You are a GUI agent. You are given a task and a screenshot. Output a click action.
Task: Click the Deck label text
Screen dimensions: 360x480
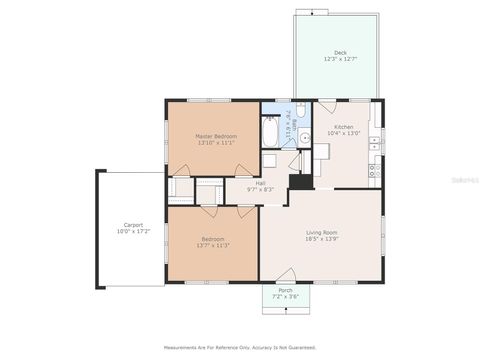click(340, 52)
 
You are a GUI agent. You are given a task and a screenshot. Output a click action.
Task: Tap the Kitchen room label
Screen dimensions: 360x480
click(344, 127)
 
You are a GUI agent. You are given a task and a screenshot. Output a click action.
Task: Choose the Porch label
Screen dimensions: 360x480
click(285, 290)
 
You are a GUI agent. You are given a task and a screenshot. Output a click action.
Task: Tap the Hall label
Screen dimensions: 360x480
click(260, 183)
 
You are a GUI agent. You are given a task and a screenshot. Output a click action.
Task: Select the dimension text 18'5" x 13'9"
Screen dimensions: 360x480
click(320, 241)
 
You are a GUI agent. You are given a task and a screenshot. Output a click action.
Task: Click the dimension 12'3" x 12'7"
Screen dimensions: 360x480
click(340, 59)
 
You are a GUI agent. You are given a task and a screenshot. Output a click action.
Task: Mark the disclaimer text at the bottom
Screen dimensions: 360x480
click(240, 348)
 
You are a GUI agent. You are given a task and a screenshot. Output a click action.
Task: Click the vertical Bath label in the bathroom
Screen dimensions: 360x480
click(288, 128)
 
